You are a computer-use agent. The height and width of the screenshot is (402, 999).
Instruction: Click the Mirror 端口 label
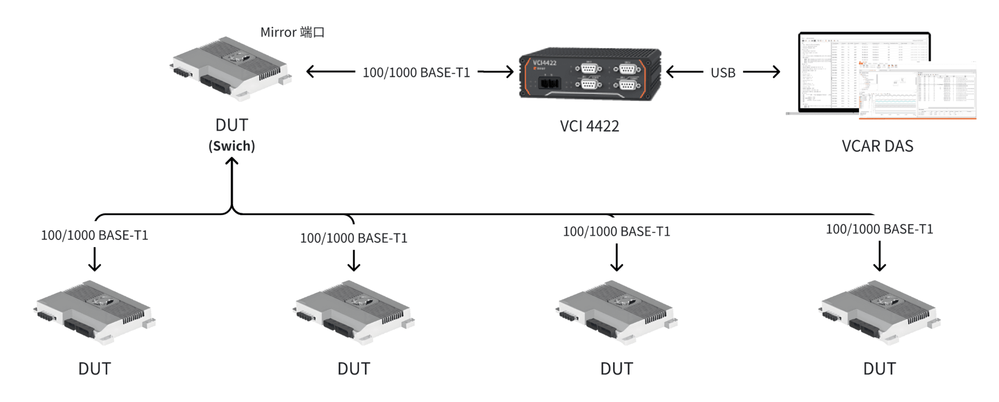[292, 32]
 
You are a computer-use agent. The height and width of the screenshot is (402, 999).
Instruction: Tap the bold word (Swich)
[232, 146]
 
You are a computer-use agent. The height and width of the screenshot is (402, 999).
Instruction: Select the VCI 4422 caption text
[589, 126]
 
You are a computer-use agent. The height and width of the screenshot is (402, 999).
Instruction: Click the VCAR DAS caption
[877, 146]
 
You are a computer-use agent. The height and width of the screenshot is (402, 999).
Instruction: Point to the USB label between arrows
[723, 72]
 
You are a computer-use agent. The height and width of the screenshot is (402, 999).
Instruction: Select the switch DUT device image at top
[231, 69]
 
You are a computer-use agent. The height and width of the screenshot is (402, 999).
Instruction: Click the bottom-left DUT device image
[94, 313]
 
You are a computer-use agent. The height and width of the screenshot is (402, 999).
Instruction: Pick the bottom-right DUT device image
[879, 313]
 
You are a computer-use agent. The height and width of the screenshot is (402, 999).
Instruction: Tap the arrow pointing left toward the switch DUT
[330, 71]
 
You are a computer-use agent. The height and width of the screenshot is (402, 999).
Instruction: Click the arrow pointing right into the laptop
[762, 72]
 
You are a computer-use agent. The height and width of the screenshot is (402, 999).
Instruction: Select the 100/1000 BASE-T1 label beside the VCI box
[416, 72]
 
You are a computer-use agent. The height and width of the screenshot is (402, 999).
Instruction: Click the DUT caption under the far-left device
[95, 369]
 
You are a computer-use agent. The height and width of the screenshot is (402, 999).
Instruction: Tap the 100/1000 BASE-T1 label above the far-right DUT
[879, 229]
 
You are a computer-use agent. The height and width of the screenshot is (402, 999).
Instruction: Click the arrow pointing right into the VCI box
[496, 72]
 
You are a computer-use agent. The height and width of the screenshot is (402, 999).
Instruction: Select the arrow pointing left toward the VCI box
[684, 72]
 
